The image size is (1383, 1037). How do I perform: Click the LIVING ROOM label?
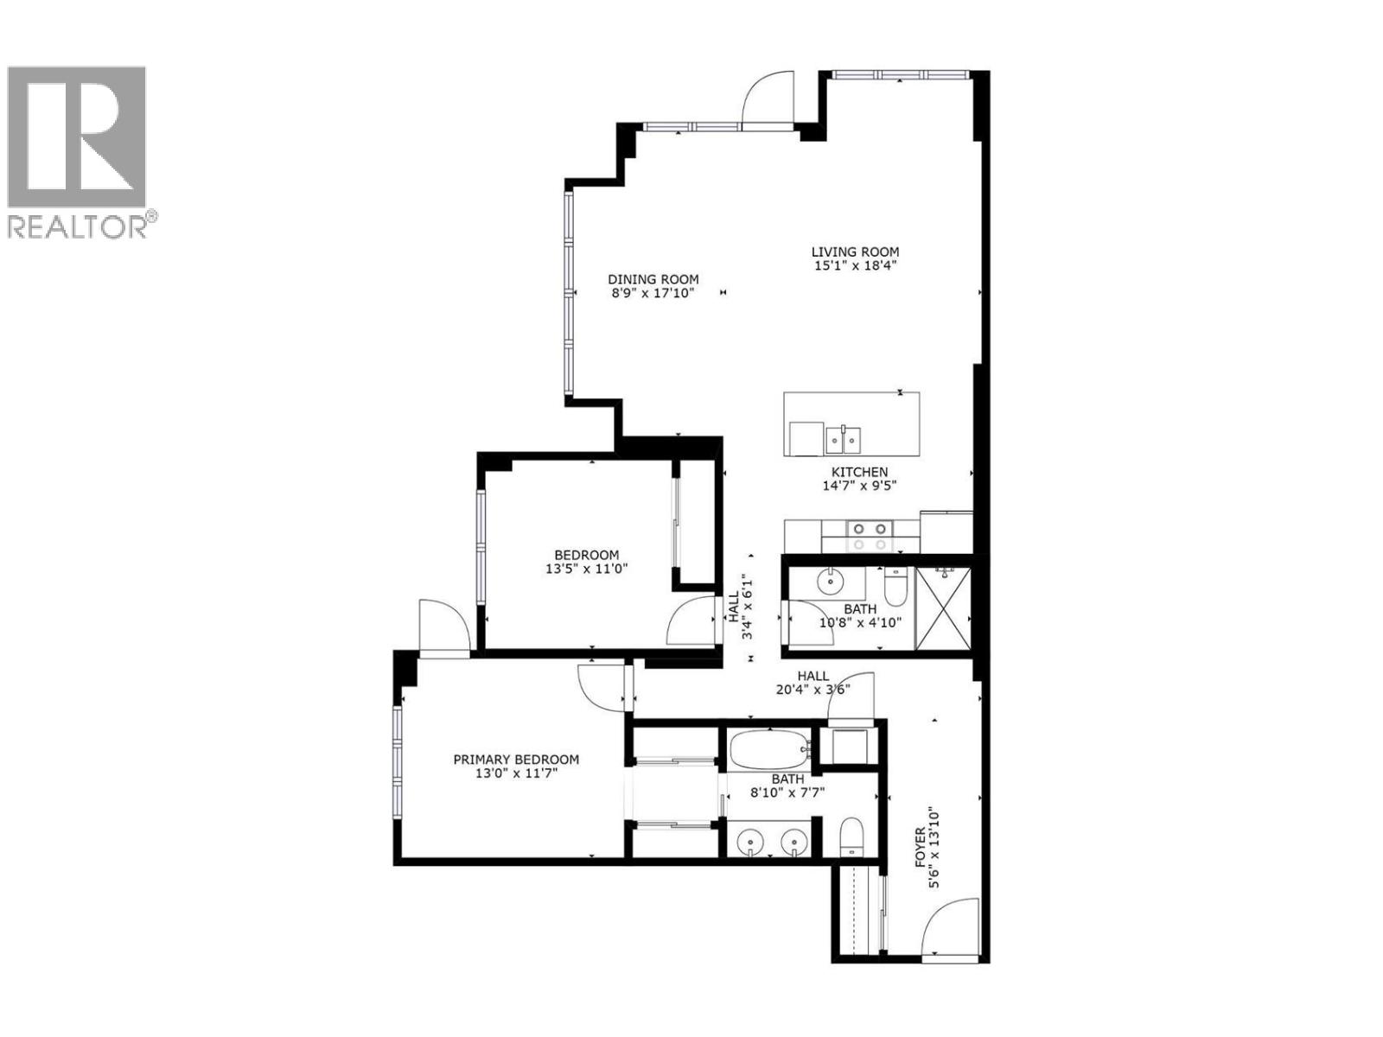point(855,252)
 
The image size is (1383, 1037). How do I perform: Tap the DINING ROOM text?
point(653,279)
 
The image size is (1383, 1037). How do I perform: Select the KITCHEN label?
point(859,472)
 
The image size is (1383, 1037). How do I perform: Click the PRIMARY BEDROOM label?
point(516,760)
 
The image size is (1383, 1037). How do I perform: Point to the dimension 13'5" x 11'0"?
point(586,569)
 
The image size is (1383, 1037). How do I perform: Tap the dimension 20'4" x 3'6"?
point(813,690)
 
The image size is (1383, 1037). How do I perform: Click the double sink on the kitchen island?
point(842,441)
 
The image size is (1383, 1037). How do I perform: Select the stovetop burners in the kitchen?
point(870,536)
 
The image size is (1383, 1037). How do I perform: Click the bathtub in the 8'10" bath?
point(769,749)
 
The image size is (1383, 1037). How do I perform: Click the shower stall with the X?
point(943,608)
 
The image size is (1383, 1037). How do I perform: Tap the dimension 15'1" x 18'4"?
point(855,266)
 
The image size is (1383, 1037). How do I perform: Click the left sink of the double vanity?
point(749,841)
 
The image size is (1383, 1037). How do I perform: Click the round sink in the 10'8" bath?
point(829,582)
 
